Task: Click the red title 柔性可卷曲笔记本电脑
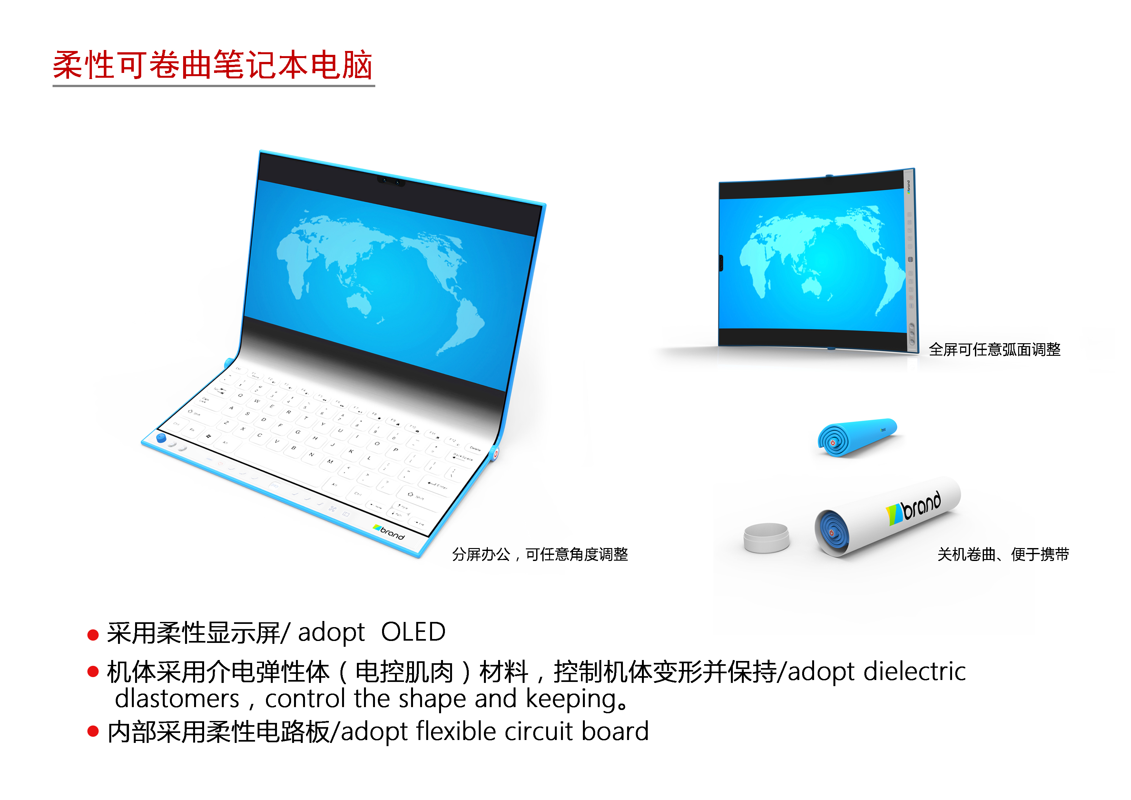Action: click(212, 65)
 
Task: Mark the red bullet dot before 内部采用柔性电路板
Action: click(93, 731)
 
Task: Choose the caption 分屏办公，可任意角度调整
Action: click(540, 555)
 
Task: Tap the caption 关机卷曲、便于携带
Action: click(1003, 555)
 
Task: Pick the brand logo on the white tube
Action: click(914, 508)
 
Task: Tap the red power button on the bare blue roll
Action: click(832, 443)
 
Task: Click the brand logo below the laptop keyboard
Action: click(389, 532)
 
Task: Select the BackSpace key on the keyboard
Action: click(462, 457)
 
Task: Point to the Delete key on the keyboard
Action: click(474, 449)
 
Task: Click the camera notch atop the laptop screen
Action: click(391, 181)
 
